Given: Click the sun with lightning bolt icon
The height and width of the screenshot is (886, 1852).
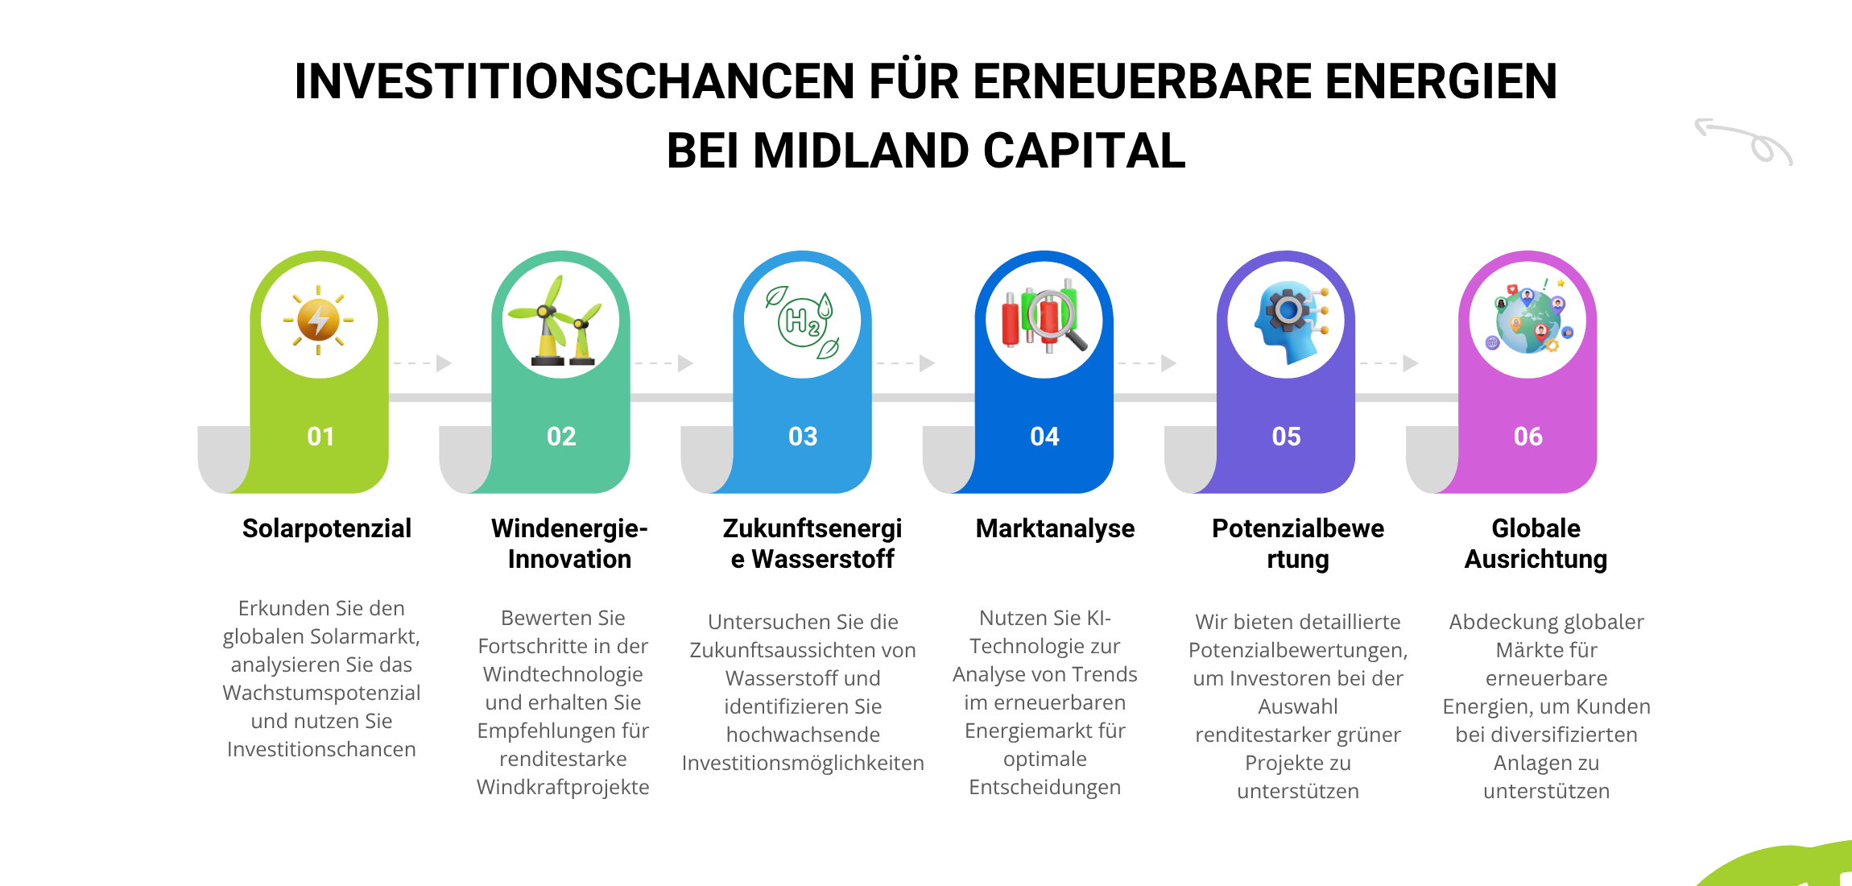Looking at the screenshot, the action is tap(319, 320).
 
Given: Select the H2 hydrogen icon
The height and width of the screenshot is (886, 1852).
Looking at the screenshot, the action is tap(803, 321).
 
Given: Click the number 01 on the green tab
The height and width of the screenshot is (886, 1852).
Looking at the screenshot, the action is tap(320, 437).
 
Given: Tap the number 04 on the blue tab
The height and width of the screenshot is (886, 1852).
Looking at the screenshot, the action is tap(1044, 437).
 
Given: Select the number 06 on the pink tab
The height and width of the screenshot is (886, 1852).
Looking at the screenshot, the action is tap(1527, 437).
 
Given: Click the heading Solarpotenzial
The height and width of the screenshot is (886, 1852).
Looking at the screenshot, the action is tap(327, 528).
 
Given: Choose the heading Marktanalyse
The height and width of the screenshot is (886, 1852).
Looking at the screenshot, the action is tap(1055, 528).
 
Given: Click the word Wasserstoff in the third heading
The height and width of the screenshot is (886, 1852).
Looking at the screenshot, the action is tap(823, 559).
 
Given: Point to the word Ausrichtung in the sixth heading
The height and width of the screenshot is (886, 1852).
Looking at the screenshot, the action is tap(1536, 559).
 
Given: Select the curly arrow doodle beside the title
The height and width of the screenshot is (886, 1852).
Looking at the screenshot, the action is tap(1743, 142).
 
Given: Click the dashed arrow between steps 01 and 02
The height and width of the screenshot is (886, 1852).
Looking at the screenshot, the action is tap(422, 363).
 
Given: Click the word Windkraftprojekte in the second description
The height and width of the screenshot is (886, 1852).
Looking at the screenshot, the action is tap(563, 787).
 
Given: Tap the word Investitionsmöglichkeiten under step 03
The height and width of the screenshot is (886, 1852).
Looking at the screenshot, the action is tap(803, 763).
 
